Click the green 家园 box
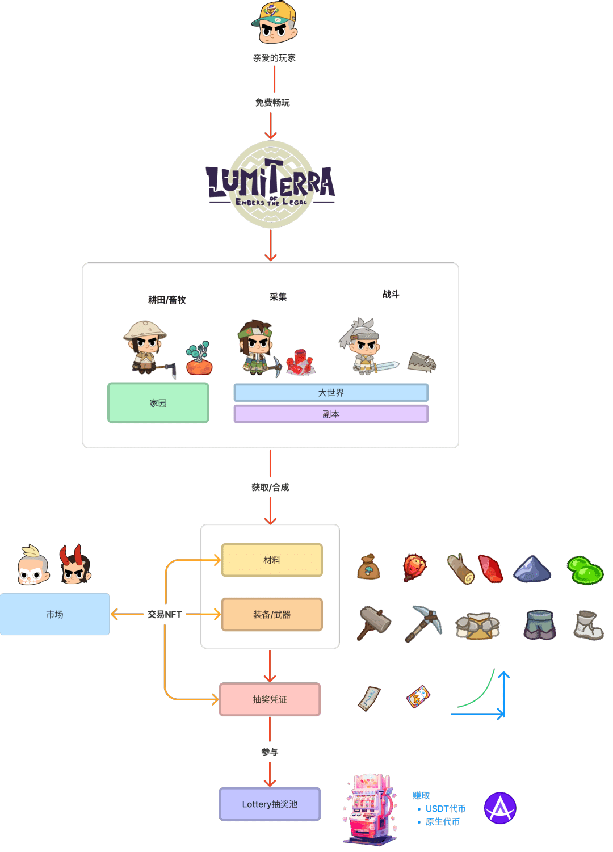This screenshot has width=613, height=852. pos(158,403)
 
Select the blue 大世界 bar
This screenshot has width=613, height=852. pos(331,393)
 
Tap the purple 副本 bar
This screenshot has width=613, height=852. pos(331,414)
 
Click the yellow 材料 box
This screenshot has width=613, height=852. pos(272,560)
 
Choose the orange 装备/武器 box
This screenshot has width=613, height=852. pos(272,615)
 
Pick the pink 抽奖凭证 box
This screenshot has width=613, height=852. pos(270,699)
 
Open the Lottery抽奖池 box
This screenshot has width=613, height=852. pos(270,804)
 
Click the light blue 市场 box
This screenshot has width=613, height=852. pos(54,614)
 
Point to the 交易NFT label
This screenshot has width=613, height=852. pos(165,614)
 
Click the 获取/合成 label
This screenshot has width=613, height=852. pos(270,487)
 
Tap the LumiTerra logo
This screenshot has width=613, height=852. pos(271,184)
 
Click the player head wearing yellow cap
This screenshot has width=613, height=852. pos(275,23)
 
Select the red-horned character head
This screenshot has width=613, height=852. pos(75,565)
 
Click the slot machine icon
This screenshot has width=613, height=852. pos(370,809)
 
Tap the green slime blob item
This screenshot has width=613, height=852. pos(585,570)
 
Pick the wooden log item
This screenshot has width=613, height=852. pos(460,569)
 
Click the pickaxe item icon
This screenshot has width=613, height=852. pos(423,623)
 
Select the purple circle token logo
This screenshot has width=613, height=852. pos(500,808)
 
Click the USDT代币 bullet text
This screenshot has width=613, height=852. pos(446,808)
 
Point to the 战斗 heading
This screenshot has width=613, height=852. pos(391,294)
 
